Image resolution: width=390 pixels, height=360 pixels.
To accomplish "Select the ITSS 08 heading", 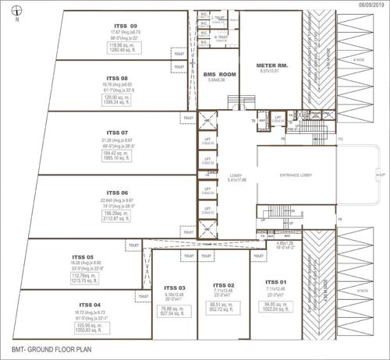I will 117,79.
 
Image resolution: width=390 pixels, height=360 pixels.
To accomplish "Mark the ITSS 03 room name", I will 176,288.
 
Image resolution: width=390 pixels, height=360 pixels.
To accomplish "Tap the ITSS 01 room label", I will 275,281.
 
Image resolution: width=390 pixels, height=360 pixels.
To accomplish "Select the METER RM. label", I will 271,65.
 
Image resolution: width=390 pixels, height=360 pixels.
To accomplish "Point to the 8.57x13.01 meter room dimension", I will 271,72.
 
